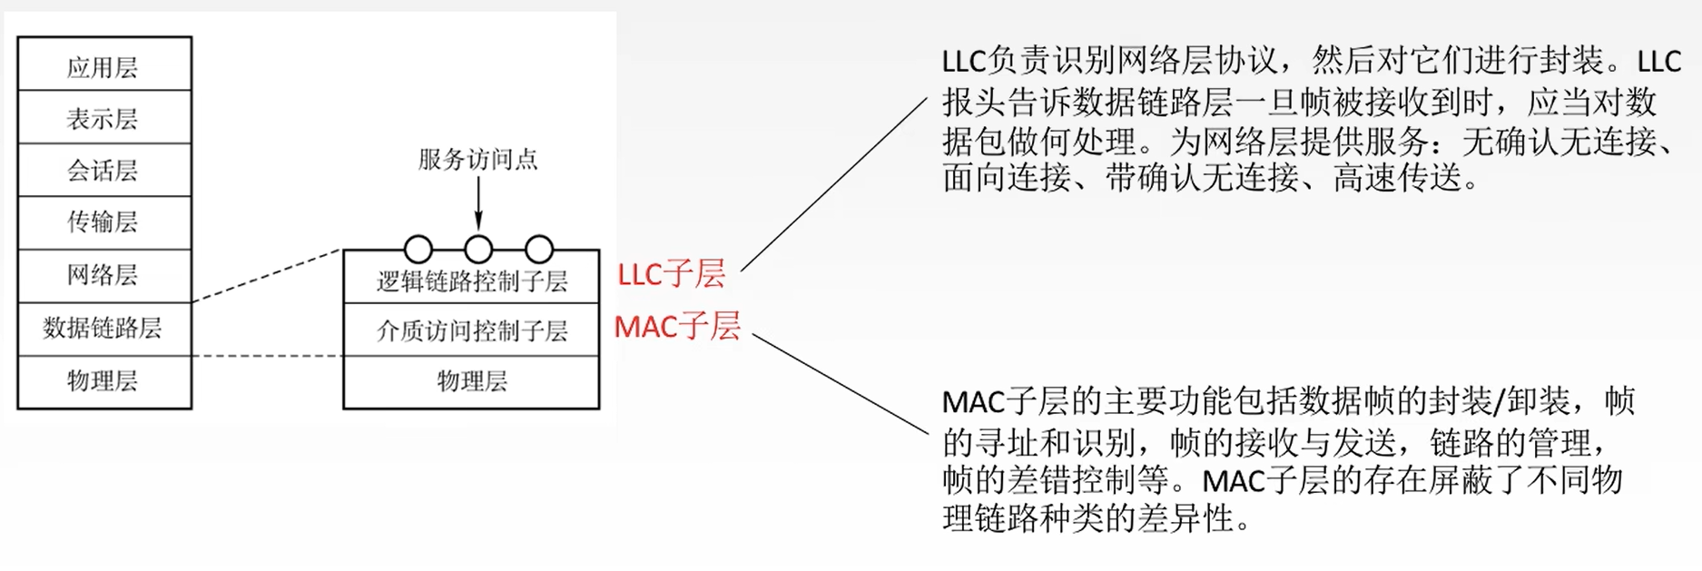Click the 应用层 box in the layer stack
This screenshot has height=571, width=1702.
pos(103,65)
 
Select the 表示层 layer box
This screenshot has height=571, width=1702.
pos(103,118)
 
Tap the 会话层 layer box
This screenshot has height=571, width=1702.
pos(103,170)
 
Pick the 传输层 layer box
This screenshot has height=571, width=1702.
pos(103,222)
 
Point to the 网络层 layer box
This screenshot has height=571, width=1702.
pos(103,275)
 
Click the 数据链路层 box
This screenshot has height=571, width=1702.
pos(103,329)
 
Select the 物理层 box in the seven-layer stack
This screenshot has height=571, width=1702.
pos(103,381)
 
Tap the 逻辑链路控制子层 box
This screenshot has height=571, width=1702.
pos(471,281)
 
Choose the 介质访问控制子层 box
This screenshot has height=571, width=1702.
pos(471,330)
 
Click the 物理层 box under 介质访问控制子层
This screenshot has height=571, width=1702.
pos(471,381)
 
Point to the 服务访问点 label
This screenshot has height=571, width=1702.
pos(477,160)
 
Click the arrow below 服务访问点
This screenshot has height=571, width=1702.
pos(478,204)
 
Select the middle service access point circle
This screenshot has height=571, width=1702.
pos(478,249)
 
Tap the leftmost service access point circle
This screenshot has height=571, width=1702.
pos(418,249)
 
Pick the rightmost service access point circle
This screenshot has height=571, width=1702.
pos(539,249)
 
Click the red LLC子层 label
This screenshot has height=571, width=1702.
pos(671,273)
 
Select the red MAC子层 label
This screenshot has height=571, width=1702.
pos(677,326)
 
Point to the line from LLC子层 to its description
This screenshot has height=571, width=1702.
pos(833,185)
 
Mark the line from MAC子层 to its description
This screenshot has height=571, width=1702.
pos(840,383)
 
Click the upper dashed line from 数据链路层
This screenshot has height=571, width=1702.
pos(267,275)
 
